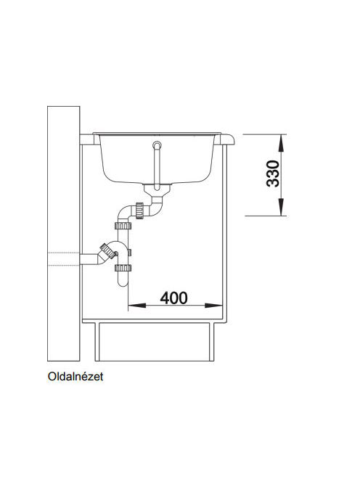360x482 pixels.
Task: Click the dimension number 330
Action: click(x=273, y=173)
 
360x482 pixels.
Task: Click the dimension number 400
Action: click(x=173, y=298)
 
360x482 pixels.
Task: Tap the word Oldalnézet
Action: click(x=75, y=377)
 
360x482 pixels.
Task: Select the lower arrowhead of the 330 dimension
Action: click(x=281, y=207)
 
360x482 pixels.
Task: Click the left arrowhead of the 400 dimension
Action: click(x=136, y=306)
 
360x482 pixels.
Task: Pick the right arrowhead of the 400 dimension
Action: click(x=213, y=306)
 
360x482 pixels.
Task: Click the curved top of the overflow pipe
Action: click(x=157, y=144)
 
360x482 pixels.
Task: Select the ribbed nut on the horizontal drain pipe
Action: click(x=139, y=211)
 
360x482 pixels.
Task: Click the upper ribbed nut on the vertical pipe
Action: click(x=123, y=226)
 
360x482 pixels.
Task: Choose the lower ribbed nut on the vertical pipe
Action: click(x=123, y=268)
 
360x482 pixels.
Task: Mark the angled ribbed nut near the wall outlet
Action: click(x=108, y=251)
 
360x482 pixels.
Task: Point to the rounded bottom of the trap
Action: click(x=123, y=282)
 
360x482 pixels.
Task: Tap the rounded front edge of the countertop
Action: click(x=230, y=139)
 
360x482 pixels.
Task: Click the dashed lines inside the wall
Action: click(x=64, y=258)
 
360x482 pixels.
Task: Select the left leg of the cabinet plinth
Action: click(x=97, y=342)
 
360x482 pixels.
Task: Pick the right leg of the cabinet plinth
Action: click(x=212, y=342)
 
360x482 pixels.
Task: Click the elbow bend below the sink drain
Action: click(x=157, y=206)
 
